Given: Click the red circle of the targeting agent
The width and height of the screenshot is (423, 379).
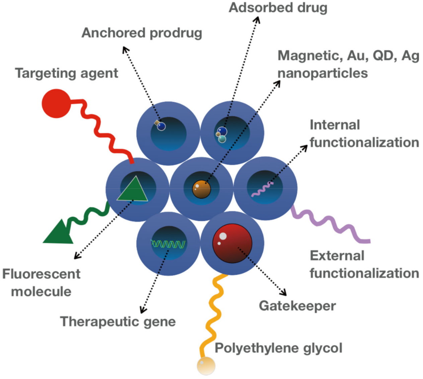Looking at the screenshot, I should point(56,103).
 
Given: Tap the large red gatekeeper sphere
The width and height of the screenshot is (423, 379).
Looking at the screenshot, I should point(232,243).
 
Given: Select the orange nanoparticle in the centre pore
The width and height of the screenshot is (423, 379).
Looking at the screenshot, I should point(201,189).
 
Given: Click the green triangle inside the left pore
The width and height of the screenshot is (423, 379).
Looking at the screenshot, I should point(133,191).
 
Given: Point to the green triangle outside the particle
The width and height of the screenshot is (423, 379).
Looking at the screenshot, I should point(59,233).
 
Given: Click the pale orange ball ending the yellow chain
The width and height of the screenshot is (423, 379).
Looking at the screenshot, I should point(205,365).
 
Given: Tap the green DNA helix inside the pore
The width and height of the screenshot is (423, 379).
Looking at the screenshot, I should point(168,244).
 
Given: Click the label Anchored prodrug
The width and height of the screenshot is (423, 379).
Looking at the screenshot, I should point(142,33).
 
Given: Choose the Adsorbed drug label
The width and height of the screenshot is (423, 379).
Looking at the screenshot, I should point(278,7).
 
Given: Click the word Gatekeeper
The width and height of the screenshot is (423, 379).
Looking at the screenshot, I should point(297,306).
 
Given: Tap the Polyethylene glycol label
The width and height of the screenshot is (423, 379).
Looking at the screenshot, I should point(278,348).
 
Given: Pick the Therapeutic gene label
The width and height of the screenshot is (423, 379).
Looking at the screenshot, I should point(118,321).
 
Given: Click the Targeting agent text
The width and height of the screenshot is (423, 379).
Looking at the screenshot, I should point(67,73).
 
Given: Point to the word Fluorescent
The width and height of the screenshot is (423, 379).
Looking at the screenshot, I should point(41,274).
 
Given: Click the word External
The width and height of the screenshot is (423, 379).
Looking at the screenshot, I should point(337,256).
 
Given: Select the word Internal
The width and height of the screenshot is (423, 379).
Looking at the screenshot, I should point(335,125).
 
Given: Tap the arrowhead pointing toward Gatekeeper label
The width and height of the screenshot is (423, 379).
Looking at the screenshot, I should point(284,293).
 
